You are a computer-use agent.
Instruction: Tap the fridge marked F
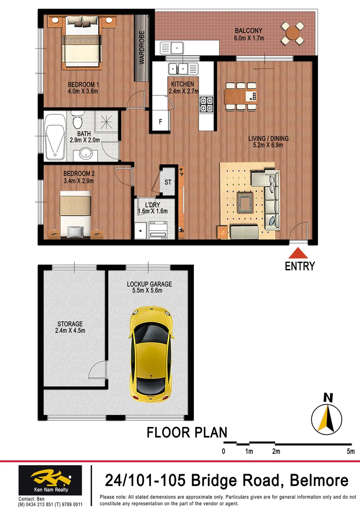pos(160,121)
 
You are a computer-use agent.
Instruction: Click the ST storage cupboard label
pos(168,182)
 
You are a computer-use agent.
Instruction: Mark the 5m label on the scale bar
pos(350,452)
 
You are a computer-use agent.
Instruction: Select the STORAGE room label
pos(70,324)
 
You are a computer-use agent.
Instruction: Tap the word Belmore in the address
pos(319,481)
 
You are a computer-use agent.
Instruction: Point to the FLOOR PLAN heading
pos(187,432)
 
